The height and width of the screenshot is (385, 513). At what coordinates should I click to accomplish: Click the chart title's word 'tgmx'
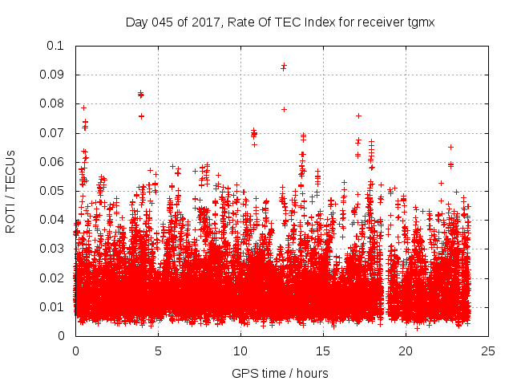point(420,22)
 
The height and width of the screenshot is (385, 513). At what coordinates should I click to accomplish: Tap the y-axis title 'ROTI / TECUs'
point(11,191)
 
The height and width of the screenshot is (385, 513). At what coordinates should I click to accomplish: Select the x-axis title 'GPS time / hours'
point(281,374)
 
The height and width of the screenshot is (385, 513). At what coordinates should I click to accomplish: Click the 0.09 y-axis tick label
point(53,75)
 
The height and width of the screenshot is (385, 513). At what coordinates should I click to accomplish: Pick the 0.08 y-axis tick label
point(53,103)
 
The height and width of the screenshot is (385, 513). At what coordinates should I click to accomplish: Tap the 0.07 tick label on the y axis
point(53,132)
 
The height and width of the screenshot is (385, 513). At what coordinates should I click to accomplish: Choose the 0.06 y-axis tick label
point(53,162)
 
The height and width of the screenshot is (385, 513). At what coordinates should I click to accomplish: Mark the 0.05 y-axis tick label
point(53,191)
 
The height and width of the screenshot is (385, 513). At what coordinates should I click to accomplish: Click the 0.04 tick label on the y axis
point(53,220)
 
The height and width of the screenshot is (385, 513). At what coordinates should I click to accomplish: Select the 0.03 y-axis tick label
point(53,249)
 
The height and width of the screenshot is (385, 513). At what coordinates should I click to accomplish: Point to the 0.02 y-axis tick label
point(53,278)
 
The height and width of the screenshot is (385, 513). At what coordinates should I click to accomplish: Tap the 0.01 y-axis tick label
point(53,307)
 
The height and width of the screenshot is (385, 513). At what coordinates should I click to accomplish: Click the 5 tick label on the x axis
point(158,351)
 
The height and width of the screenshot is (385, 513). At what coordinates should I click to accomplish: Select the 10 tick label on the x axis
point(240,351)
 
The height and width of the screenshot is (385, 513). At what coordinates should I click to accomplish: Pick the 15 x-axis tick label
point(323,351)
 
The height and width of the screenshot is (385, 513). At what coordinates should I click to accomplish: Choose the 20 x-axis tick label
point(406,351)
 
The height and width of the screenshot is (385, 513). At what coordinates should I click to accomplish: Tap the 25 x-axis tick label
point(488,351)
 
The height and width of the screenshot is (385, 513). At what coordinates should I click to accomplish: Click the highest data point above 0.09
point(284,66)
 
